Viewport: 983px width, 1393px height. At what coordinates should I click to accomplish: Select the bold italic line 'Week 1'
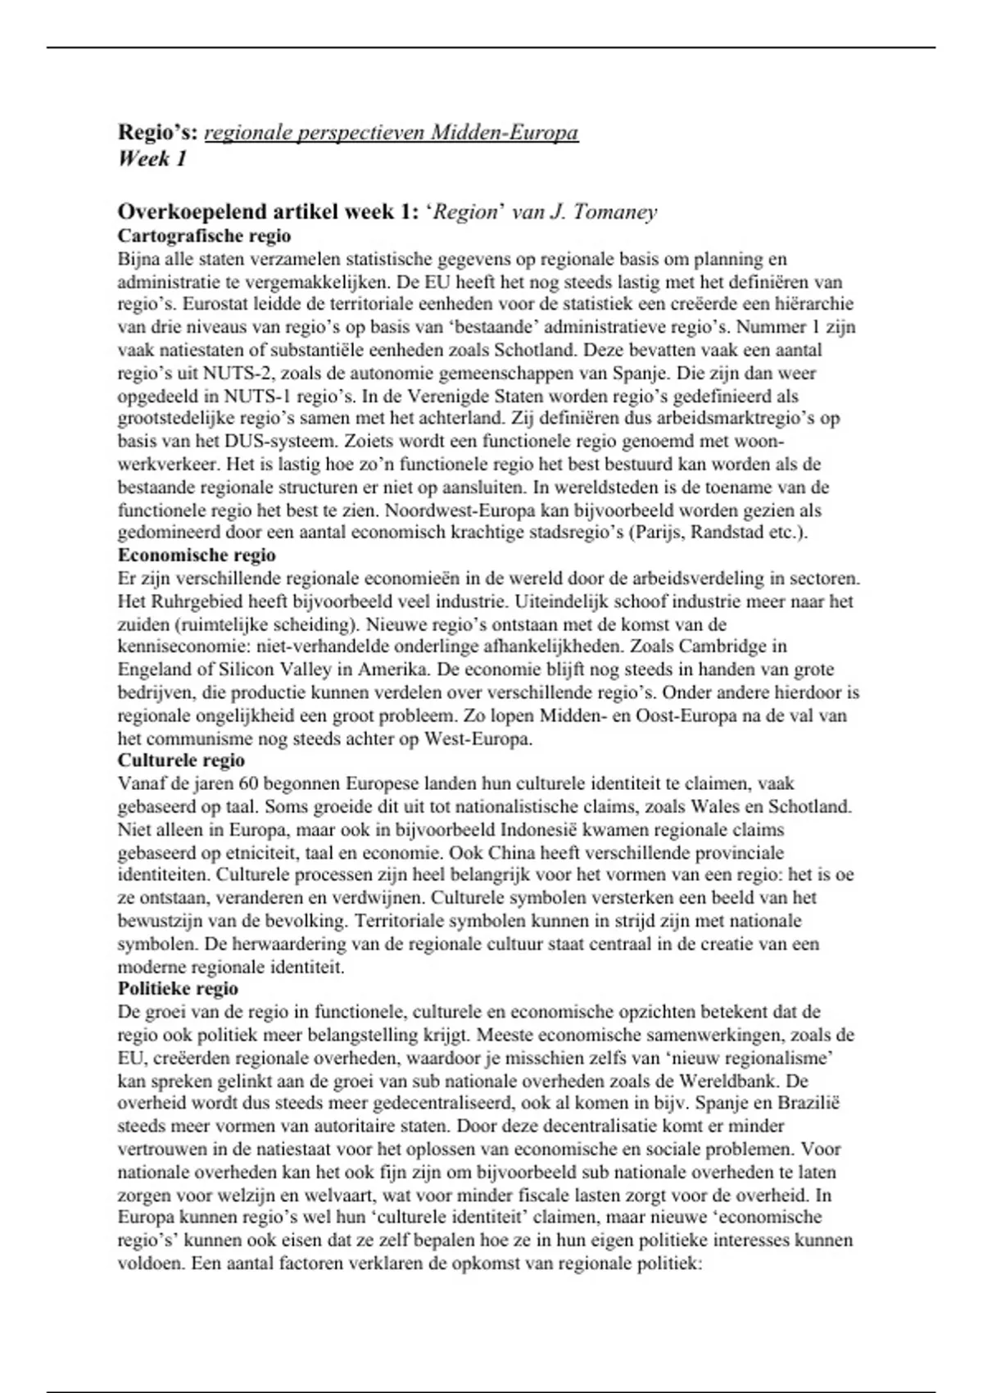pos(152,159)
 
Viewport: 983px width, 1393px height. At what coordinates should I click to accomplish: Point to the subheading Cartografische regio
pos(204,236)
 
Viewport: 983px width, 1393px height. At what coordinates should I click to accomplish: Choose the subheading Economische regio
pos(197,556)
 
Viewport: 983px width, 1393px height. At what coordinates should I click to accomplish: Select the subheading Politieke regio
pos(178,989)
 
